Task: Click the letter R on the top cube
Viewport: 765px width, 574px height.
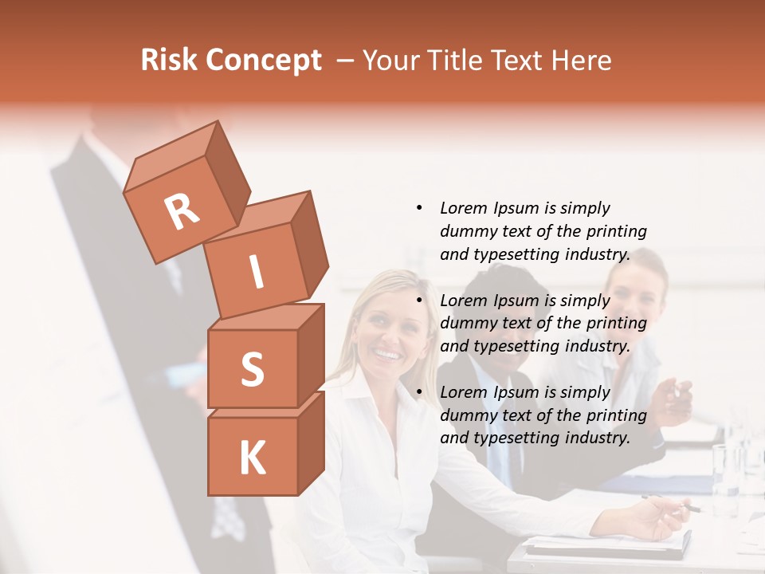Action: (x=182, y=212)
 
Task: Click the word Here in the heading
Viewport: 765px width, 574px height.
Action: (x=582, y=60)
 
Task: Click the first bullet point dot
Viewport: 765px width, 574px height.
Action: (x=418, y=208)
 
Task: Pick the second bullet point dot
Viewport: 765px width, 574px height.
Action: (x=418, y=301)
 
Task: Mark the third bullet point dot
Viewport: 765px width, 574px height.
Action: (x=418, y=392)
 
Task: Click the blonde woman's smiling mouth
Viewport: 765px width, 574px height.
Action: (x=387, y=353)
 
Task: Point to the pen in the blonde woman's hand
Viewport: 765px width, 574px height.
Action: (x=673, y=503)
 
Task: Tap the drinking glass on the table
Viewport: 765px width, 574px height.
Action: (x=726, y=470)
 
